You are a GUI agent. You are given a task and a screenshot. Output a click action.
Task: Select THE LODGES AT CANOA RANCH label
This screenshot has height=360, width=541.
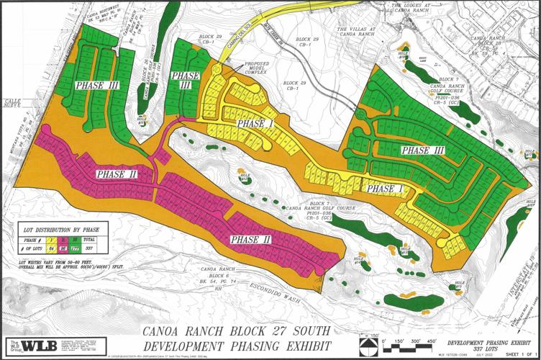click(412, 7)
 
